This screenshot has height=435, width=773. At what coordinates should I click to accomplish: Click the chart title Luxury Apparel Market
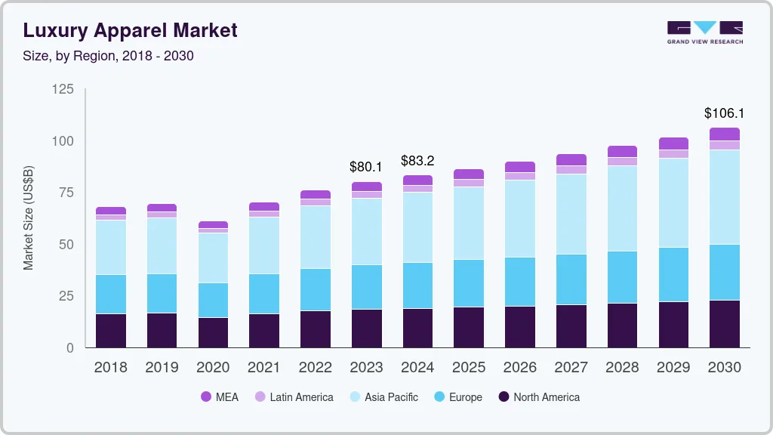click(130, 30)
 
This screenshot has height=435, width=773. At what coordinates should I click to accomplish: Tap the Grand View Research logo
click(704, 32)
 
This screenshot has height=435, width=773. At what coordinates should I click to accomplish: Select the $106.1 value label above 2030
click(724, 113)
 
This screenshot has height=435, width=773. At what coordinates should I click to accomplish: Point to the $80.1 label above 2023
click(366, 166)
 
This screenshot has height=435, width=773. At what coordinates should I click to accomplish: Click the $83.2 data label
click(417, 160)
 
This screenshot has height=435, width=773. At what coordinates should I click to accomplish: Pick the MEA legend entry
click(220, 396)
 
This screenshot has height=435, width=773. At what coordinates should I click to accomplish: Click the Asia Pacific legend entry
click(383, 396)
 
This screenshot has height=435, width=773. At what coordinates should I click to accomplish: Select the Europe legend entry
click(457, 396)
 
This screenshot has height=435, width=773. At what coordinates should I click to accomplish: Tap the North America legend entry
click(538, 396)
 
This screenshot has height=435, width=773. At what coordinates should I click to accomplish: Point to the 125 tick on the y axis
click(63, 90)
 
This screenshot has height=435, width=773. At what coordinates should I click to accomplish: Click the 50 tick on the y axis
click(66, 245)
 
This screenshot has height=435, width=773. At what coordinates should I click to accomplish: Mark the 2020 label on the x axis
click(213, 367)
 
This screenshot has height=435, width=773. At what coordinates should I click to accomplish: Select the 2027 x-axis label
click(571, 367)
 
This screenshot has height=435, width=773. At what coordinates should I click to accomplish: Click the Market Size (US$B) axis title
click(29, 218)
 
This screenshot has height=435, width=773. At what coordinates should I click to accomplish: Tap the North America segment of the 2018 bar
click(111, 331)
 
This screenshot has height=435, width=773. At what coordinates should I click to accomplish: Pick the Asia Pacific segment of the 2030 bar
click(724, 197)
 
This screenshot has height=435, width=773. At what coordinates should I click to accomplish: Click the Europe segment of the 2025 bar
click(469, 283)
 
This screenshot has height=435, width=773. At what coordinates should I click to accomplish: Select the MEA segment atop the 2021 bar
click(264, 206)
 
